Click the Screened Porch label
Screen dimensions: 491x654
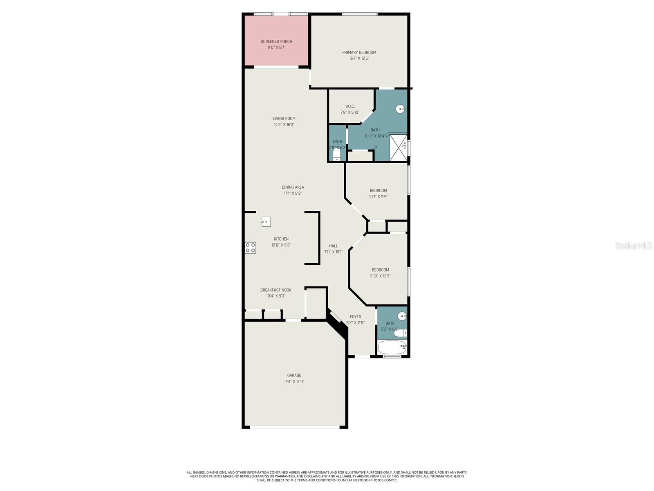[276, 41]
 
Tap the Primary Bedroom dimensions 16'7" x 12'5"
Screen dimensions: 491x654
[359, 59]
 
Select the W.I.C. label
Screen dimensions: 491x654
[350, 106]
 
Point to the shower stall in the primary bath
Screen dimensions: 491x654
[398, 148]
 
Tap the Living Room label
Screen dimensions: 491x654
[284, 119]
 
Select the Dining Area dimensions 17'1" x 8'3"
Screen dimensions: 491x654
[293, 194]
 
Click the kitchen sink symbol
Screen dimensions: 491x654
[266, 222]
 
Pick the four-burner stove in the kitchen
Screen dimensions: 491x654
[251, 248]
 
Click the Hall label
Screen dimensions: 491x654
[334, 246]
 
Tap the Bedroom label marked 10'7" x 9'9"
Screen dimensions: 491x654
[378, 190]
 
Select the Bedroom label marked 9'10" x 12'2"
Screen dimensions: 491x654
[380, 270]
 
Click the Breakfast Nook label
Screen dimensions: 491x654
[275, 290]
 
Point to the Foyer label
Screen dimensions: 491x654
[355, 317]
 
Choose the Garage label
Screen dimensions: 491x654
[294, 375]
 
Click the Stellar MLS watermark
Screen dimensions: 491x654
[633, 245]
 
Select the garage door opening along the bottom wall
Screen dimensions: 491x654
[294, 428]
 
